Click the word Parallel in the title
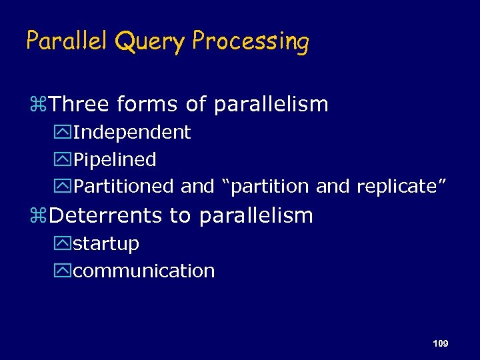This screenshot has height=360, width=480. coord(67,41)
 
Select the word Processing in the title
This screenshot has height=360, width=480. coord(251,43)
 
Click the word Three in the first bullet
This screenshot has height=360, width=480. coord(79,105)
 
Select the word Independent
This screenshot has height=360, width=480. coord(132,133)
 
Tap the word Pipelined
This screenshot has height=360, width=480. coord(115,160)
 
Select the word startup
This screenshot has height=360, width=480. coord(106,244)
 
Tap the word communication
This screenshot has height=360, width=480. coord(144,271)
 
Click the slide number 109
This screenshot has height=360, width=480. coord(440,343)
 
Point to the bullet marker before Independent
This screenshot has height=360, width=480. coord(65,133)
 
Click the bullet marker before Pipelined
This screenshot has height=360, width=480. coord(65,161)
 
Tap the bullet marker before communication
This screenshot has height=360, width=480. coord(65,272)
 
